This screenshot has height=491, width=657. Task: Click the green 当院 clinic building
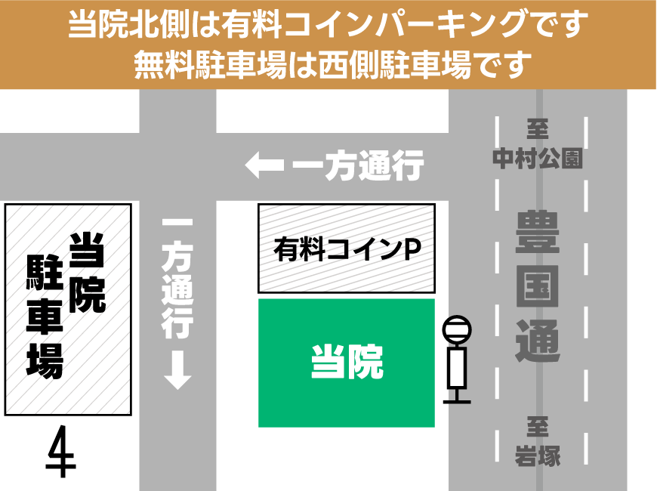coord(347,363)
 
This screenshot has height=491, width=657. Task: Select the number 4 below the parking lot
coord(61,452)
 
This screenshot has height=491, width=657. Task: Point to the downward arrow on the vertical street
coord(178,372)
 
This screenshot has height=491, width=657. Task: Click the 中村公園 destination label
coord(538,159)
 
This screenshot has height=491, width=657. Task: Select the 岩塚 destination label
coord(538,455)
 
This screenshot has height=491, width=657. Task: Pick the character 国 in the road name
coord(538,284)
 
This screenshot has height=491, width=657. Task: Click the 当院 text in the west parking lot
coord(88,273)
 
